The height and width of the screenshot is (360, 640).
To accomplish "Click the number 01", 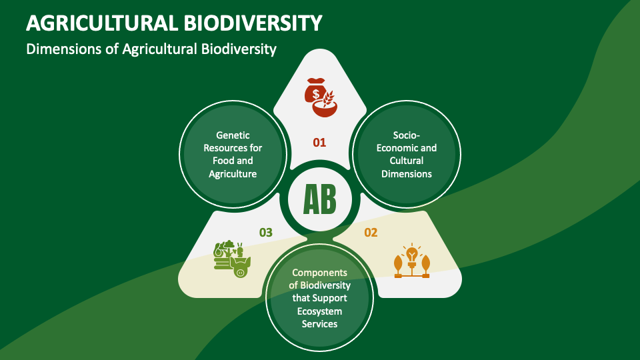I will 320,142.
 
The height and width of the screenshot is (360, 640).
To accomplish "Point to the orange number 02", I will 371,233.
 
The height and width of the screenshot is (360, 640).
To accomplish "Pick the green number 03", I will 266,233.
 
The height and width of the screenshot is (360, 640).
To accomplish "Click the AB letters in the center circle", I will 319,198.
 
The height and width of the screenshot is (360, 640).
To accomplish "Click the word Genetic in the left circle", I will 233,135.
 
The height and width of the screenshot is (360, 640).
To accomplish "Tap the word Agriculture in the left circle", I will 233,173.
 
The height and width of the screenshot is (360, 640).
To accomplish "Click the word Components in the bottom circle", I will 320,273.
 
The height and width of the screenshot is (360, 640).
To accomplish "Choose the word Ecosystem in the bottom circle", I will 320,311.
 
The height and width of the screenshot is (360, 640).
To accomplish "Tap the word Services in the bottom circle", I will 320,324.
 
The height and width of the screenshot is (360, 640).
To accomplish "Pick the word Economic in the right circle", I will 397,148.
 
